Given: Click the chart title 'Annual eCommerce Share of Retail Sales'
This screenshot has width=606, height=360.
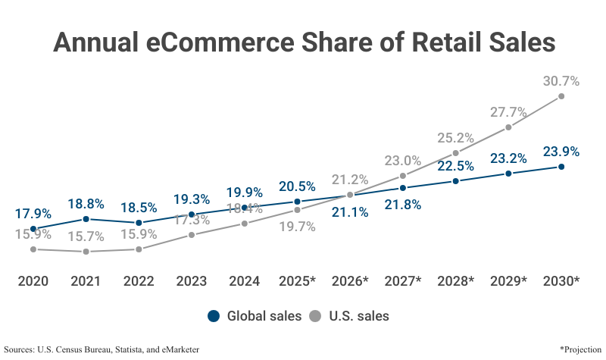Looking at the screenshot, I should [303, 42].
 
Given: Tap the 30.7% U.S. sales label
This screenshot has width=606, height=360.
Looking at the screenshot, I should [561, 81].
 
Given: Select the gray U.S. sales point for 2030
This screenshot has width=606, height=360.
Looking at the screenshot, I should [561, 96].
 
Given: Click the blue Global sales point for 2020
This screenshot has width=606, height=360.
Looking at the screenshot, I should [33, 228].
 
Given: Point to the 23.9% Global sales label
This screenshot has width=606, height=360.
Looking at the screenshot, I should [561, 152].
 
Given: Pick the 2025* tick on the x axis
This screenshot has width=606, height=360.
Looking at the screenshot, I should [297, 281].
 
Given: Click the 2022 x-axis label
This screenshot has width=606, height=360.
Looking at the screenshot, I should [139, 281].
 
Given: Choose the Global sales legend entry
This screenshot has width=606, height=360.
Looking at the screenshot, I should [255, 316].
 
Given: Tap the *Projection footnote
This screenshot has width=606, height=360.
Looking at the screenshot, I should [579, 349].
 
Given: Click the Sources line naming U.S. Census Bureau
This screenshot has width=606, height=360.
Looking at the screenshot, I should [102, 349].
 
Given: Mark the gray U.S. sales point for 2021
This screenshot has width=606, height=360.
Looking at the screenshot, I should [86, 252].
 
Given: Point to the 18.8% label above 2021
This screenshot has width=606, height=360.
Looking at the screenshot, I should [86, 203].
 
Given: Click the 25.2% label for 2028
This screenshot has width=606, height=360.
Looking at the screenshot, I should [455, 138].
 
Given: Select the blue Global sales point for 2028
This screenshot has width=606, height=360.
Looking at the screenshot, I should [456, 181].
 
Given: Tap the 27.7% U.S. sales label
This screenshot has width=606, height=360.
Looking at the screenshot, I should [508, 112].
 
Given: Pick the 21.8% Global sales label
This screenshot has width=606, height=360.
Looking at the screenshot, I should [403, 205].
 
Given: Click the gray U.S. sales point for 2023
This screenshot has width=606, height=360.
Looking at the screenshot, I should [192, 235].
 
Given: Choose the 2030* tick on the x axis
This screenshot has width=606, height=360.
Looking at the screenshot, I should [561, 281].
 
